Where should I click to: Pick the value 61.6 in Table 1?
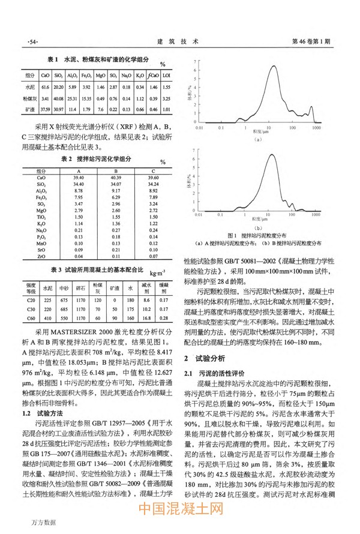coord(45,87)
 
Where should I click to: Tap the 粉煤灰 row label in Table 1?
coord(31,98)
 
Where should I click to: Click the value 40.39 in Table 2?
coord(116,178)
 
